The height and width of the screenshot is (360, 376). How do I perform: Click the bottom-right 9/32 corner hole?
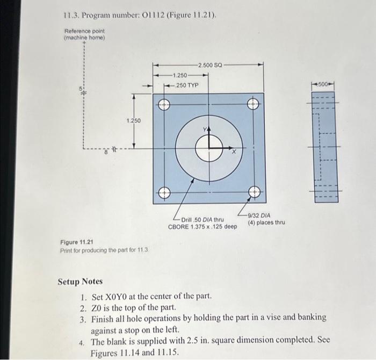click(253, 191)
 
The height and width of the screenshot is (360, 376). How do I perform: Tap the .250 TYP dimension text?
click(182, 85)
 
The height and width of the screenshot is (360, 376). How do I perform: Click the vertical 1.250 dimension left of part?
click(133, 121)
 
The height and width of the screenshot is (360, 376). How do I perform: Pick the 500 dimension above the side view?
click(325, 85)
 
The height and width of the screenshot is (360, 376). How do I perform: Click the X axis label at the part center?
click(234, 153)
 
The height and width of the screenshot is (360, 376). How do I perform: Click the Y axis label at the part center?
click(204, 128)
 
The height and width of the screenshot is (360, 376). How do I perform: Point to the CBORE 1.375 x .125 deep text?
click(203, 227)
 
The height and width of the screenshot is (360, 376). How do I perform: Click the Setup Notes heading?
click(80, 282)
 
